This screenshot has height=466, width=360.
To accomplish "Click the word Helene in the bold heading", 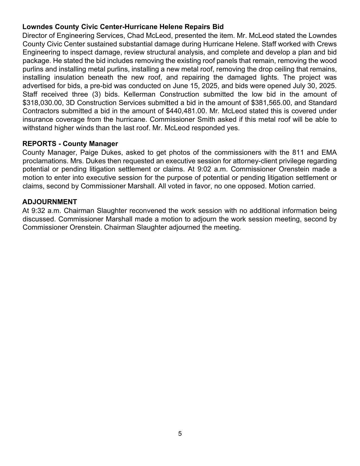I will tap(171, 27).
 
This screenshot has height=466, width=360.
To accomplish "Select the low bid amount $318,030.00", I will tap(42, 103).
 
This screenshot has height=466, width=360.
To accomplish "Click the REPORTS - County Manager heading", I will tap(70, 144).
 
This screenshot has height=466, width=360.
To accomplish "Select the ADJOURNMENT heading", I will tap(49, 202).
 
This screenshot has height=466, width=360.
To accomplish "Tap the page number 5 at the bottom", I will tap(180, 434).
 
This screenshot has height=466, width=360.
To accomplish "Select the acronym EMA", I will tap(329, 153).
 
